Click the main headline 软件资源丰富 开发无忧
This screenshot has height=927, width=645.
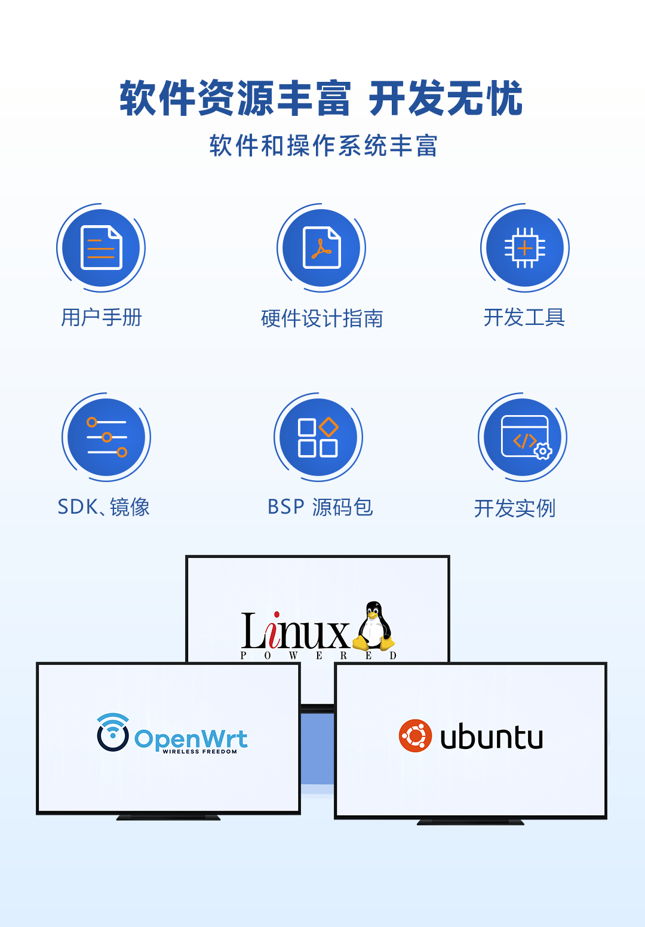[x=321, y=99]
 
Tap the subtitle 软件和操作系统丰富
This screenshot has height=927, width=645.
[x=323, y=146]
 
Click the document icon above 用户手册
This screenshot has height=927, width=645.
[x=101, y=248]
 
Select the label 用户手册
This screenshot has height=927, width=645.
[x=102, y=317]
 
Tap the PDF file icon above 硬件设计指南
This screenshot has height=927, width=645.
[x=321, y=248]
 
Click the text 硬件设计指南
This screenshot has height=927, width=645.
[x=322, y=318]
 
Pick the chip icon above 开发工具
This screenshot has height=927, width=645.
[x=524, y=248]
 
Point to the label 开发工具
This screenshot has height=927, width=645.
[x=524, y=317]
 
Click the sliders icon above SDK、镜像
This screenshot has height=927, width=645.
[x=106, y=437]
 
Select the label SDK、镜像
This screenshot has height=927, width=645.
[x=103, y=507]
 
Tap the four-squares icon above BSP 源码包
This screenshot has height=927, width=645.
[x=318, y=437]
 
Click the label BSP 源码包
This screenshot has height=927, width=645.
[x=320, y=507]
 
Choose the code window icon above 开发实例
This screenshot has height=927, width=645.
[x=524, y=437]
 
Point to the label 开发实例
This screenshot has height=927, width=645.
[x=515, y=508]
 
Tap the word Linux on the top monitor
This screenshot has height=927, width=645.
[x=295, y=632]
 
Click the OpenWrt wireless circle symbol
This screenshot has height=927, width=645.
[x=113, y=732]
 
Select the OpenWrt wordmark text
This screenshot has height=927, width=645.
[x=191, y=739]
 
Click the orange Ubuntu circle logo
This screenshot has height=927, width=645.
[x=415, y=736]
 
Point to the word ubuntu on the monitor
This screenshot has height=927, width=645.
[x=492, y=737]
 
